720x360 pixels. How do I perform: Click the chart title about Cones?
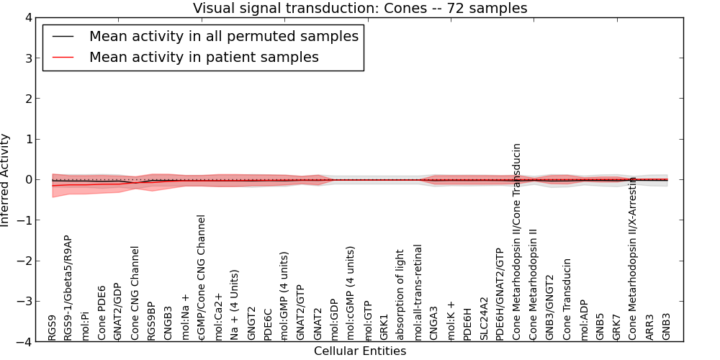tap(360, 8)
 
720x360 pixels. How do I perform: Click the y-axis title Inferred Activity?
tap(5, 179)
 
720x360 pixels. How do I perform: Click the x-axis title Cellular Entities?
tap(360, 351)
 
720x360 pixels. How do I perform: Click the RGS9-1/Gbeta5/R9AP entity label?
tap(68, 288)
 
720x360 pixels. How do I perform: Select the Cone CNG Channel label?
tap(135, 294)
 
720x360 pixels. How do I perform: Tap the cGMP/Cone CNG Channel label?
tap(200, 278)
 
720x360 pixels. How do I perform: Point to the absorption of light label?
tap(400, 295)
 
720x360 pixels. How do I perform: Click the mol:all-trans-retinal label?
tap(417, 292)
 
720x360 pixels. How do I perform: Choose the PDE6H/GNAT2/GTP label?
tap(500, 294)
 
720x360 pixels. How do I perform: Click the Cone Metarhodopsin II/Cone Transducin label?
tap(516, 242)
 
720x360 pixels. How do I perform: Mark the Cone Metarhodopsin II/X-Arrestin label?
tap(633, 258)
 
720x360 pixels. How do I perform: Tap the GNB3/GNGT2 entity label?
tap(549, 307)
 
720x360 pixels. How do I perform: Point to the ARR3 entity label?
tap(649, 328)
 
